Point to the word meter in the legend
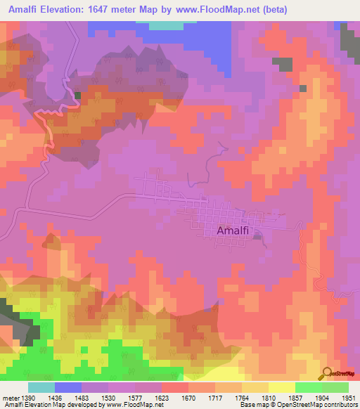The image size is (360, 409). (x=11, y=398)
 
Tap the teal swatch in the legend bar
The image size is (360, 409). (x=41, y=387)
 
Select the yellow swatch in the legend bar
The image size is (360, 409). (x=282, y=387)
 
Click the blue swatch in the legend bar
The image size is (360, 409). (x=69, y=387)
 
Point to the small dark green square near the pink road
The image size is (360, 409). (x=77, y=96)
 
